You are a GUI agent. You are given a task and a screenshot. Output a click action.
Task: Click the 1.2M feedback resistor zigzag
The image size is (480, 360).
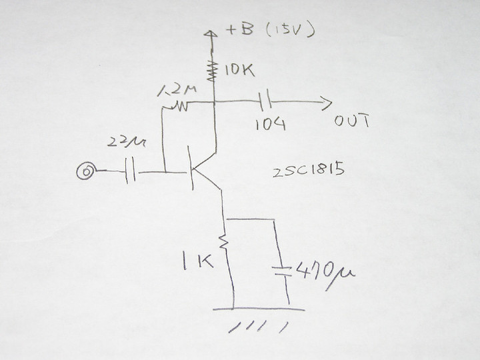pos(178,105)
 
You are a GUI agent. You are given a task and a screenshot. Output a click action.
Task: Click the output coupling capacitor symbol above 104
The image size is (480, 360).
pos(265,103)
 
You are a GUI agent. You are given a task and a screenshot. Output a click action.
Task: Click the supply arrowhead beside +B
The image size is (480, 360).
pos(212,33)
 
